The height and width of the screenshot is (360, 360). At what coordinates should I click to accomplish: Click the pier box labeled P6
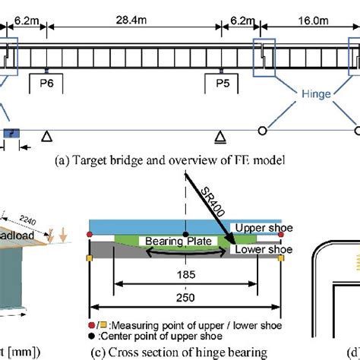pos(46,83)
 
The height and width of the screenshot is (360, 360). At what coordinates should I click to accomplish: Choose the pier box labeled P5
pos(221,83)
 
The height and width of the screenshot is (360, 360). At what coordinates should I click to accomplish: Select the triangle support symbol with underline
pos(219,137)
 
